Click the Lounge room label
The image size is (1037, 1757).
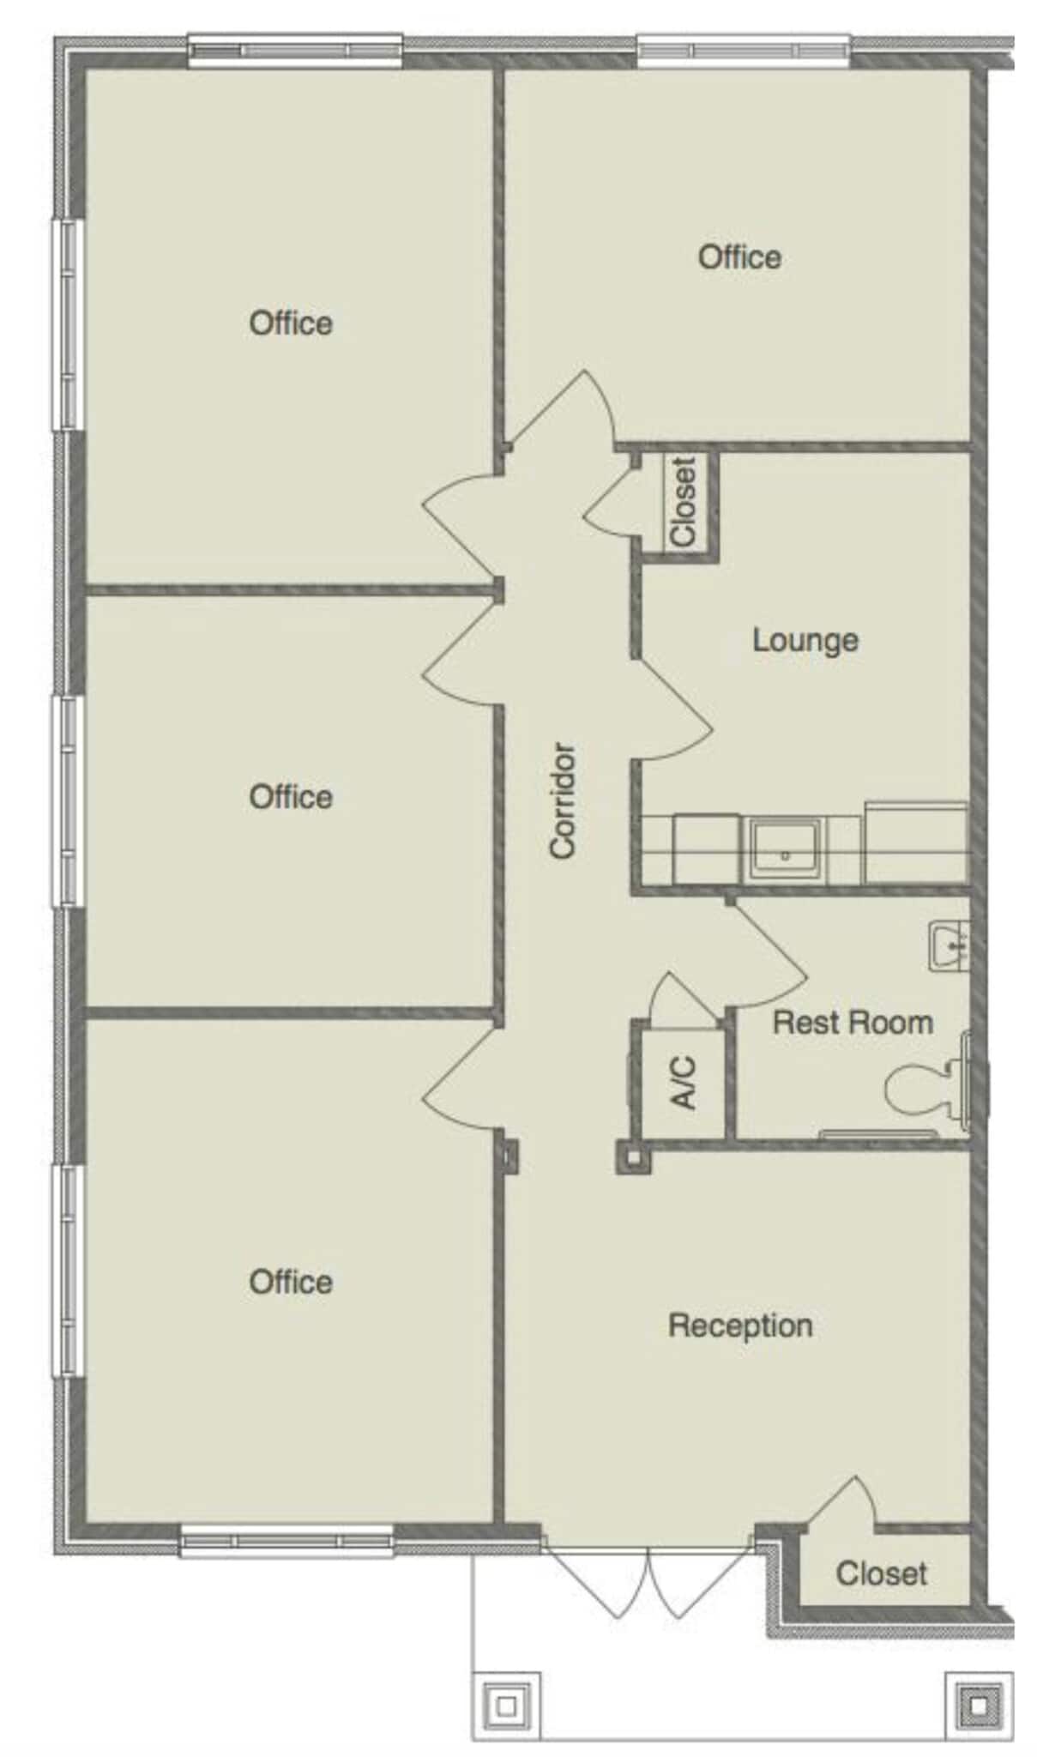coord(805,640)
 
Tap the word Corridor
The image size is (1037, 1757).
coord(562,800)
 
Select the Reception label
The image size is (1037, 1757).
coord(739,1325)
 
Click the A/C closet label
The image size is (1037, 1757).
coord(683,1083)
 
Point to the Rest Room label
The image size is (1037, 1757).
coord(852,1023)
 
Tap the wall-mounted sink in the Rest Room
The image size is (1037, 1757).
coord(950,946)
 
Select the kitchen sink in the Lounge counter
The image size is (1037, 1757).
coord(784,849)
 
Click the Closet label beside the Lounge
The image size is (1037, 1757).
coord(683,502)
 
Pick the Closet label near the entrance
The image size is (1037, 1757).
coord(881,1573)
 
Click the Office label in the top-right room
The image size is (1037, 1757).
coord(739,257)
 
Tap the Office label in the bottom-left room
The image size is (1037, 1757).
coord(291,1283)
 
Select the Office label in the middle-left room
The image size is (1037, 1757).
coord(291,797)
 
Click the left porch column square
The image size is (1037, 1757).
coord(506,1706)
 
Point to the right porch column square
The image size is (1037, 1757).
coord(978,1706)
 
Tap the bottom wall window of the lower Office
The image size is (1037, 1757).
coord(286,1542)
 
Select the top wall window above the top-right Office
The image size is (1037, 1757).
coord(743,50)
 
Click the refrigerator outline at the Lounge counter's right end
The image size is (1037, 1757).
coord(915,842)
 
